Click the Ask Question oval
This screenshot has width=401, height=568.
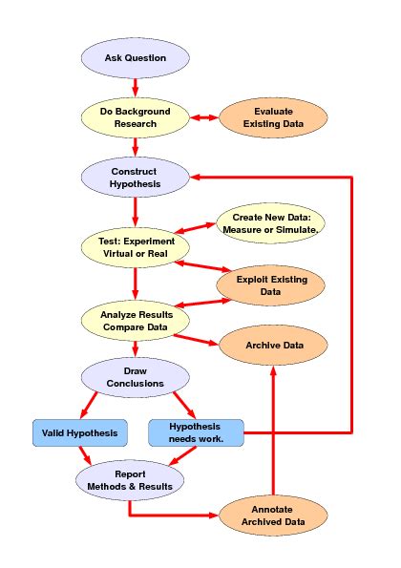point(135,58)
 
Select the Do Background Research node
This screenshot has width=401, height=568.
point(135,117)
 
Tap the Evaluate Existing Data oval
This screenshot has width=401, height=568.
point(273,117)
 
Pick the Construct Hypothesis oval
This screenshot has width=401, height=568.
point(135,177)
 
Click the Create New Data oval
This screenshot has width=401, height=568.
point(273,223)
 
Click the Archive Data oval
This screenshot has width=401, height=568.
point(274,344)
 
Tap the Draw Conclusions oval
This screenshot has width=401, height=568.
point(135,376)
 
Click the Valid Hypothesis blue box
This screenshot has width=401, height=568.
point(79,432)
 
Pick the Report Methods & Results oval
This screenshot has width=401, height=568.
point(130,479)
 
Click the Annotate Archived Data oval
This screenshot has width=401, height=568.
point(274,515)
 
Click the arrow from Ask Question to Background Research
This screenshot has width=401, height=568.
point(135,88)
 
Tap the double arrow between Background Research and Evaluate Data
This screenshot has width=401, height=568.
point(202,117)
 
